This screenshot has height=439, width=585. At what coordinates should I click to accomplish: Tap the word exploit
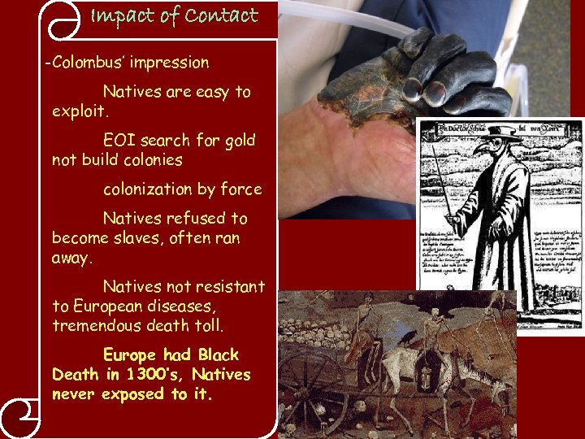click(80, 111)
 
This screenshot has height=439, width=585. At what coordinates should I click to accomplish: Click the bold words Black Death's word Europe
click(130, 355)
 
